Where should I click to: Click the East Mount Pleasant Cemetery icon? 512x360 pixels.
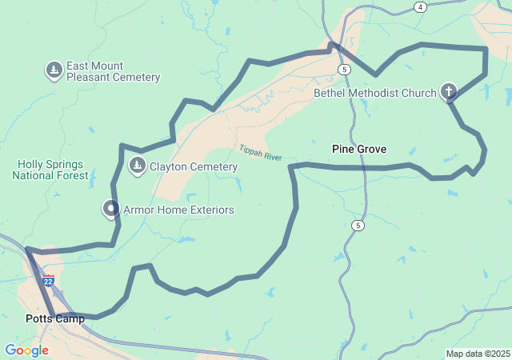pos(54,70)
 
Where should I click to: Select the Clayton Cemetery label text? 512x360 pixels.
pos(192,166)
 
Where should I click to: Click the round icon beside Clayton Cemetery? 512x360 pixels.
pos(137,166)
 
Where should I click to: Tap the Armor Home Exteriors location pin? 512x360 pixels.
pos(110,209)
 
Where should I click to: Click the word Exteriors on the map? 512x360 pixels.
pos(208,210)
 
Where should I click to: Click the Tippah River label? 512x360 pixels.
pos(260,153)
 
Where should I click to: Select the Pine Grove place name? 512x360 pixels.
pos(359,149)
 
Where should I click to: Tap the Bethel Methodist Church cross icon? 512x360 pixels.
pos(449,93)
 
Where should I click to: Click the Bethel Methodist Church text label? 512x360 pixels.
pos(375,94)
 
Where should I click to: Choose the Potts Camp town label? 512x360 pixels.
pos(55,318)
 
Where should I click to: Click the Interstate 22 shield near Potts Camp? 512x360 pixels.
pos(49,281)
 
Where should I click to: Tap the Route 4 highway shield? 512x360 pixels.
pos(420,7)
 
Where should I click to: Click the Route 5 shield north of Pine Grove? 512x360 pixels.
pos(344,70)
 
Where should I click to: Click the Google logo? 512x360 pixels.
pos(26,350)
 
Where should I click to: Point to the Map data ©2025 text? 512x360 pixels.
pos(478,354)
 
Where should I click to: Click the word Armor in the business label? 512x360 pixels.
pos(138,210)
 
